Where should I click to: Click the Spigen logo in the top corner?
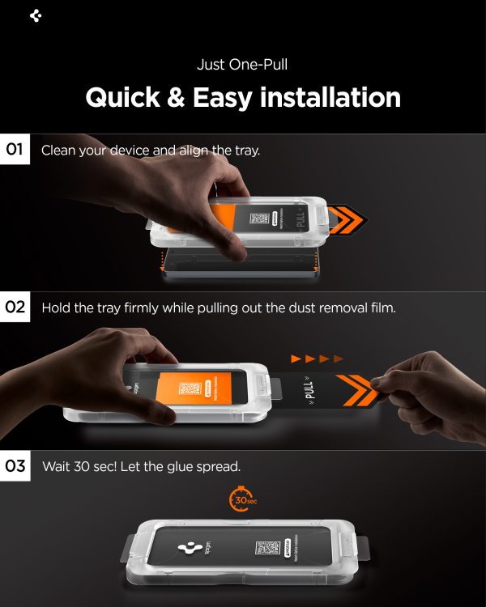point(35,15)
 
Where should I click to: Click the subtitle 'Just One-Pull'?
point(242,65)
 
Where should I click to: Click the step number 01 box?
point(15,150)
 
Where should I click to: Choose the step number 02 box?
point(15,308)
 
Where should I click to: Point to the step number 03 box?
point(15,466)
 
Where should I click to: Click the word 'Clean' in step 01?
point(59,151)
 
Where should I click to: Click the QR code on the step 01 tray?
point(259,219)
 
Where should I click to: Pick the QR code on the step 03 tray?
point(266,548)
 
